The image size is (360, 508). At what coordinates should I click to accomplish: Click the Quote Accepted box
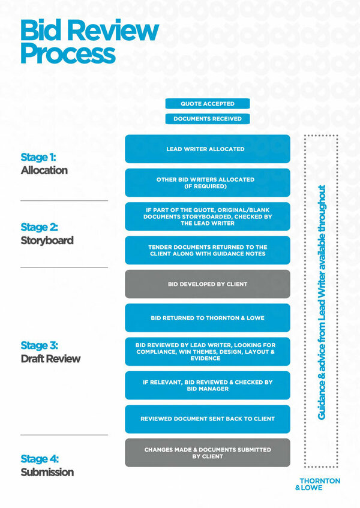tap(207, 104)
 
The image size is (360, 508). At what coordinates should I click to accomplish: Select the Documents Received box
tap(207, 119)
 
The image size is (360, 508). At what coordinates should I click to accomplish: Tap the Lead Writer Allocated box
tap(207, 149)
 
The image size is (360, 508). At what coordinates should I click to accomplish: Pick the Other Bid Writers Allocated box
tap(207, 182)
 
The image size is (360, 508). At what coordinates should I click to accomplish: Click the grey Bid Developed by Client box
tap(207, 284)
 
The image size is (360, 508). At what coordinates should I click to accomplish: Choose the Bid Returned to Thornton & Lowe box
tap(207, 318)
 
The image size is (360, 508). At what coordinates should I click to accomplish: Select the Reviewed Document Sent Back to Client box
tap(207, 419)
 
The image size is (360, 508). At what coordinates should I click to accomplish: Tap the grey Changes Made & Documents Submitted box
tap(207, 453)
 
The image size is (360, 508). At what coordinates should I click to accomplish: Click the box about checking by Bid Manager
tap(207, 385)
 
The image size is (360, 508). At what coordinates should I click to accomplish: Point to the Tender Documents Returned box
tap(207, 250)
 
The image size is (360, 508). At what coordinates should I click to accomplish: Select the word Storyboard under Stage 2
tap(47, 241)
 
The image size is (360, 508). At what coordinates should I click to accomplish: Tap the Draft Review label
tap(50, 359)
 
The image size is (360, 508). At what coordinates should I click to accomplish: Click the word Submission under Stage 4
tap(47, 472)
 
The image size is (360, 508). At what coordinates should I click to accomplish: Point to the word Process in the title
tap(67, 53)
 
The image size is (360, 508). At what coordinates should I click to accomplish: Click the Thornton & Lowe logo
tap(319, 484)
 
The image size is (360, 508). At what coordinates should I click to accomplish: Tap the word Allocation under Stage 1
tap(44, 170)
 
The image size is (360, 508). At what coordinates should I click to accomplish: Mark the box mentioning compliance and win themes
tap(207, 351)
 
